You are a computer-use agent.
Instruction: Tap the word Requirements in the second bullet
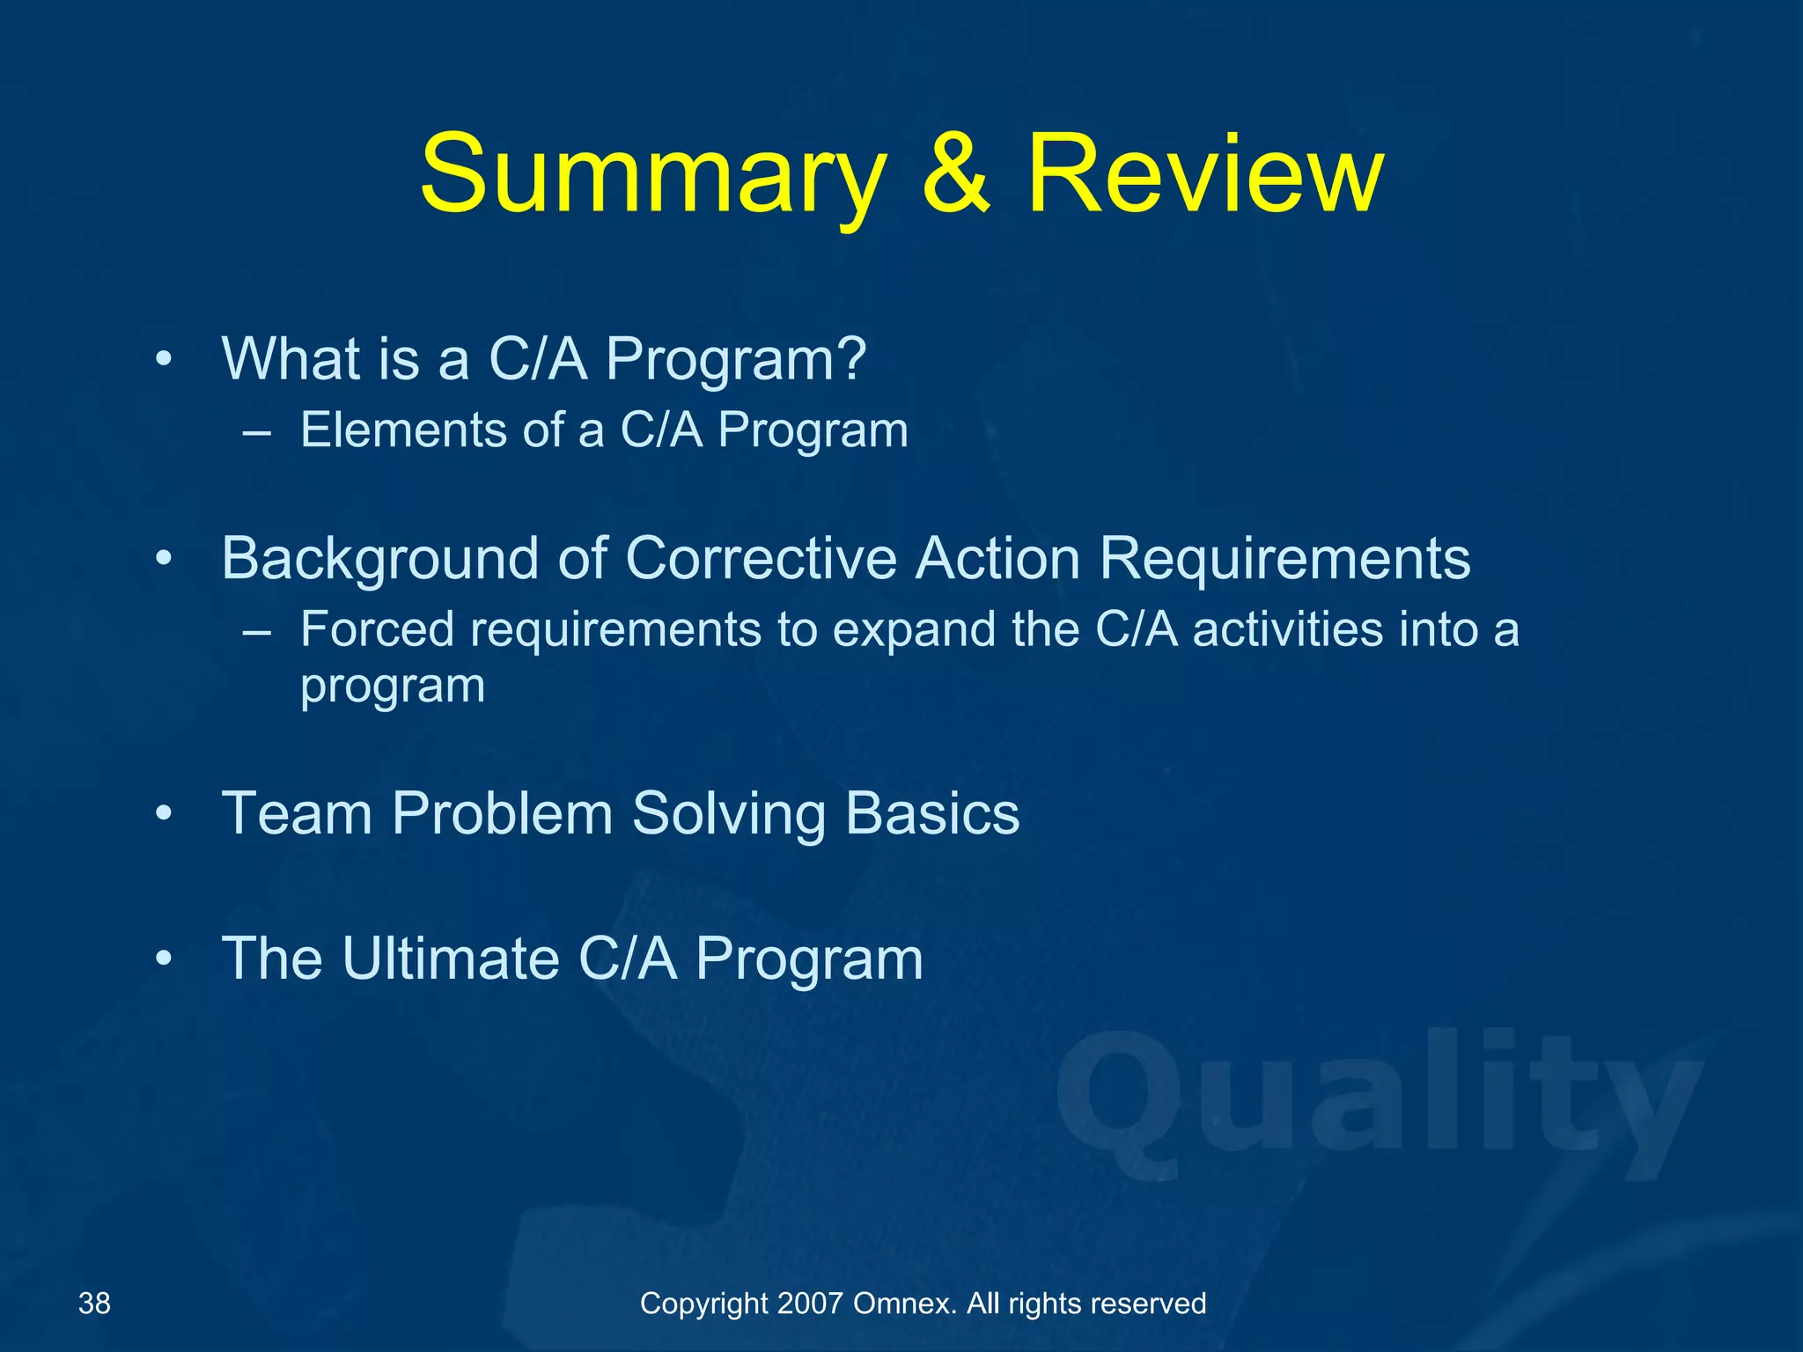[x=1284, y=559]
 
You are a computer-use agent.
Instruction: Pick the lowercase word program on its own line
[x=393, y=687]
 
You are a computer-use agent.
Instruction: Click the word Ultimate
[x=451, y=958]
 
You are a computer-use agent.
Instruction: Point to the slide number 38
[x=94, y=1304]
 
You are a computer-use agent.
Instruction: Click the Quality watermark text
[x=1378, y=1105]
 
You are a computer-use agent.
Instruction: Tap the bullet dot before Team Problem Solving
[x=164, y=813]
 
